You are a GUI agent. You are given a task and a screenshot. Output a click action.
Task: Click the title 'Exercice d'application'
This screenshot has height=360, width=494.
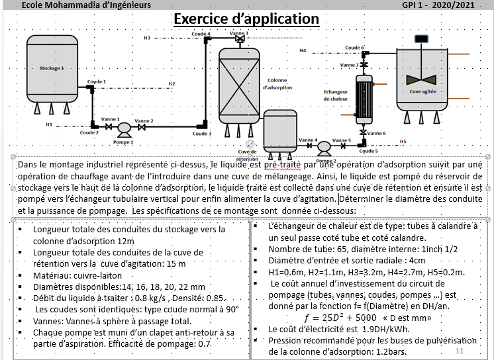pos(246,19)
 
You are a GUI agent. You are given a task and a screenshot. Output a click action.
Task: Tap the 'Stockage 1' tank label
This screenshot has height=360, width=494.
pos(52,68)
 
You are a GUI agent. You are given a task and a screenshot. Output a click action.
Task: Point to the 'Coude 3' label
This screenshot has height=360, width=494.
pos(201,133)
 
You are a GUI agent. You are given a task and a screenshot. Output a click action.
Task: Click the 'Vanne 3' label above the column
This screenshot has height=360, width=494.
pos(239,32)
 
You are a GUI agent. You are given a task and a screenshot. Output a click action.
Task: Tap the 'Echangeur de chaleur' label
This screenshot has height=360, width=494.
pos(336,95)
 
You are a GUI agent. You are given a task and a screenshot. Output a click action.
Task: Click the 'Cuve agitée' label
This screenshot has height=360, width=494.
pos(422,92)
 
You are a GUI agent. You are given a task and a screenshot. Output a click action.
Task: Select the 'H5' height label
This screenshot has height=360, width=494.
pos(403,141)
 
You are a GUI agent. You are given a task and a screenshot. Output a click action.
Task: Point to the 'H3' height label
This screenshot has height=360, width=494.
pos(147,38)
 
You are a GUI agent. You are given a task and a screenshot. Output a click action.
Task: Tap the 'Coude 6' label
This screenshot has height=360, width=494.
pos(354,48)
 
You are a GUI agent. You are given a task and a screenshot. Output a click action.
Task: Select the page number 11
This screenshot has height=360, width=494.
pos(460,349)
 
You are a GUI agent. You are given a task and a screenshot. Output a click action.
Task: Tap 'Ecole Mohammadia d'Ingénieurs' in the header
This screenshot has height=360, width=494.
pos(86,5)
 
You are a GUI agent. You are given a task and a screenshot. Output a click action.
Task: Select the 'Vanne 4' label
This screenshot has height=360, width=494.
pos(308,140)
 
